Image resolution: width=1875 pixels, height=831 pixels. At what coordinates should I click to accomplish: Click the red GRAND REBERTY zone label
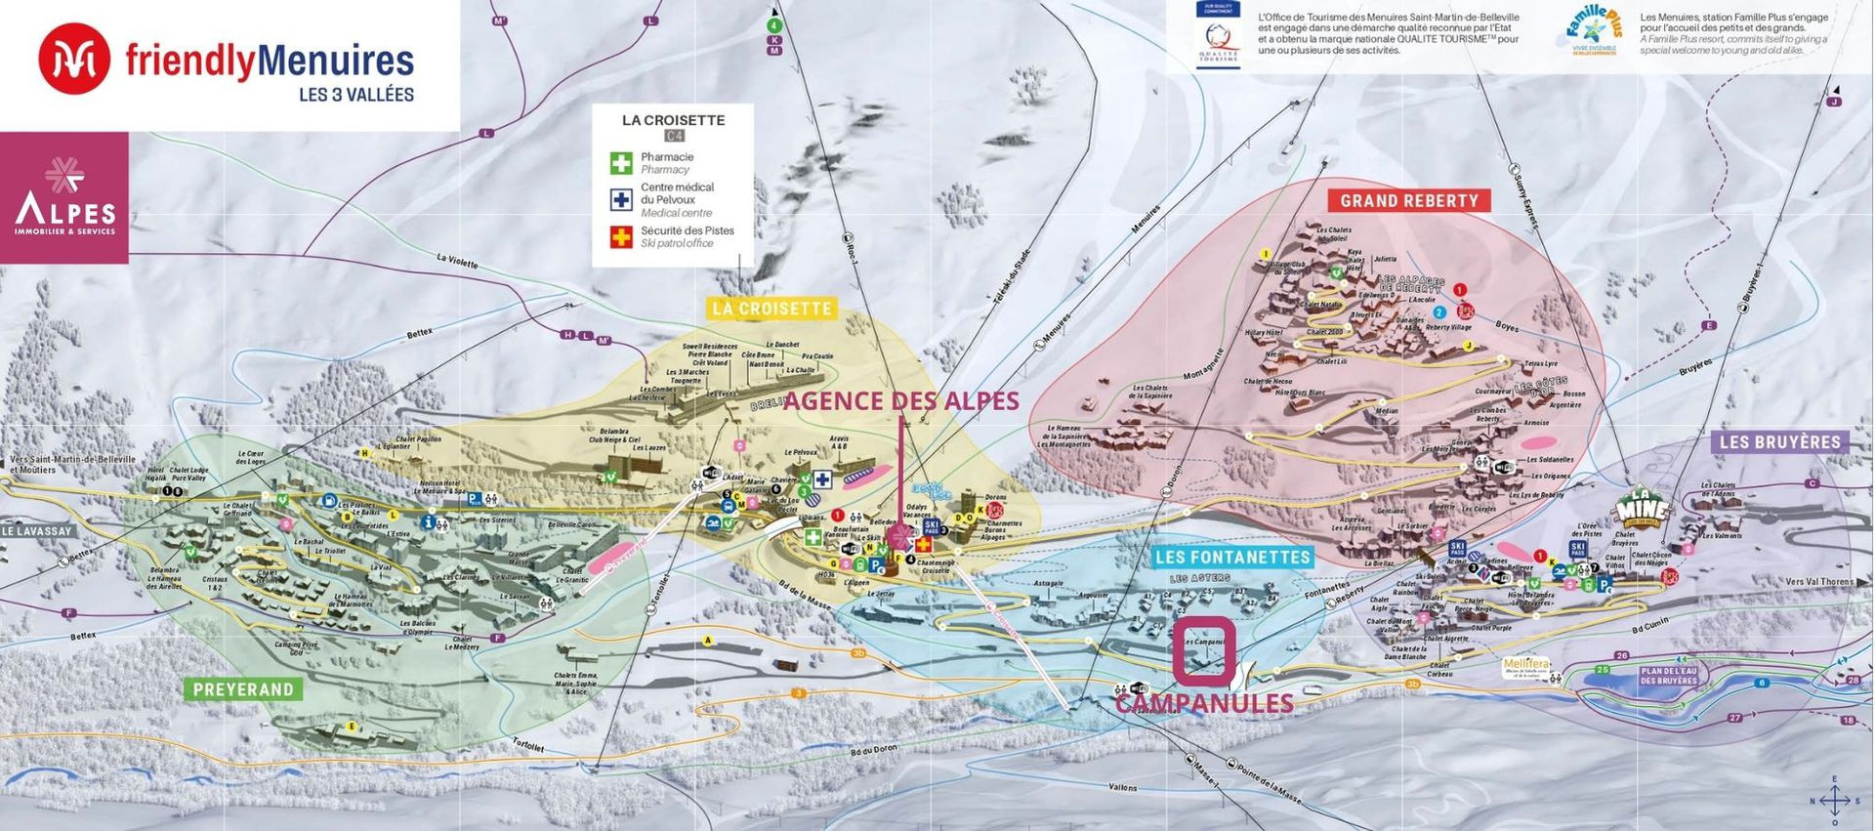tap(1408, 201)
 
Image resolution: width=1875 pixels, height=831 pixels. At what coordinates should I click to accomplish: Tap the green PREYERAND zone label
tap(243, 689)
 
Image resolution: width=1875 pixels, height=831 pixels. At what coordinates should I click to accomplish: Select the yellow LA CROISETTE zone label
tap(771, 309)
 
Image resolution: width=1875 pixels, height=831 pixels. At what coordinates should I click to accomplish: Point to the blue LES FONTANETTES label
tap(1231, 558)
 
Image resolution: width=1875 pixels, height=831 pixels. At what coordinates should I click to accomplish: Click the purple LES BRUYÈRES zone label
tap(1779, 442)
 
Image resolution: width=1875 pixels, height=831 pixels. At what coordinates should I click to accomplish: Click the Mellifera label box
tap(1525, 667)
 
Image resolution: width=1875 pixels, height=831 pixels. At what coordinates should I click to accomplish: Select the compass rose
tap(1834, 800)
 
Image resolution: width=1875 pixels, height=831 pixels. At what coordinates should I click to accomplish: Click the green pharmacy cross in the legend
tap(621, 163)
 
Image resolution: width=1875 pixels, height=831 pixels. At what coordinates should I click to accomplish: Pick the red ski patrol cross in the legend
tap(621, 236)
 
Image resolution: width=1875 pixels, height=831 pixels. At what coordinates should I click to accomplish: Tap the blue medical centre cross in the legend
tap(621, 199)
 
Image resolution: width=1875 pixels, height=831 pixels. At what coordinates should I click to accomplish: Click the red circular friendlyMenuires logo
tap(74, 60)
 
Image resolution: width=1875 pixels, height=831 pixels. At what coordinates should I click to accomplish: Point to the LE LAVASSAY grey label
tap(37, 531)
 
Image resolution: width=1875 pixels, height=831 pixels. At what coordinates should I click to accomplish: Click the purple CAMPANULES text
tap(1204, 703)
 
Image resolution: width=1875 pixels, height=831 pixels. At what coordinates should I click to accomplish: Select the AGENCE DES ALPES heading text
tap(900, 401)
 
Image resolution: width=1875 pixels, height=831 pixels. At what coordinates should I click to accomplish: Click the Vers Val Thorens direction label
tap(1818, 582)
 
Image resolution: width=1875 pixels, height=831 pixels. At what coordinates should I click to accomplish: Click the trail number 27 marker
tap(1734, 718)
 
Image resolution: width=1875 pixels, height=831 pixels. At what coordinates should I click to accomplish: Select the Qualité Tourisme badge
tap(1218, 35)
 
